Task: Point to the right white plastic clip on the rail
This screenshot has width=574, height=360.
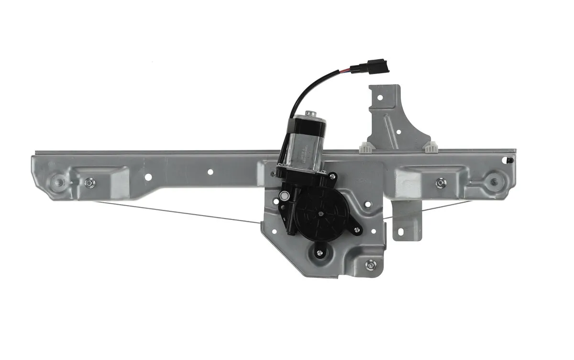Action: (x=430, y=146)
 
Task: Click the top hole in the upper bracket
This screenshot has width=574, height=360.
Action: (x=380, y=98)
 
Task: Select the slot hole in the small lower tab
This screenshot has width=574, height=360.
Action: (x=408, y=228)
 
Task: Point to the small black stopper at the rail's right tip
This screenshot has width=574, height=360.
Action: (x=511, y=160)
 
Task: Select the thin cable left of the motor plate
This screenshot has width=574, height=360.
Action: (x=182, y=213)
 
